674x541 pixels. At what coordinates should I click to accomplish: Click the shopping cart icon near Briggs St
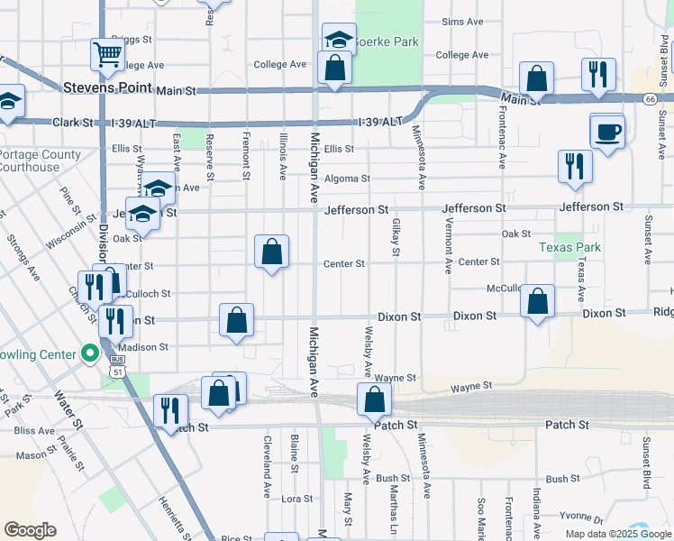[x=107, y=54]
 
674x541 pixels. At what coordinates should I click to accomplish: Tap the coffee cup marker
[x=606, y=131]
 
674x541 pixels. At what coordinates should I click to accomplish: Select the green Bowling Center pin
[x=89, y=353]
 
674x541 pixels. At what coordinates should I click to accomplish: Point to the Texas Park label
[x=569, y=247]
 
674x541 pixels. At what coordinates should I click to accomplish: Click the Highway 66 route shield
[x=650, y=99]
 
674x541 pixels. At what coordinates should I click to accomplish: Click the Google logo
[x=30, y=529]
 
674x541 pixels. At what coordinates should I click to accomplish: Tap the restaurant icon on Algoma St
[x=574, y=167]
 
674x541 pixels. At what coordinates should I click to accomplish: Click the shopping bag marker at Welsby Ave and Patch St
[x=374, y=399]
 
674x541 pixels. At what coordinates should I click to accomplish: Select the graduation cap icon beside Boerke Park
[x=339, y=40]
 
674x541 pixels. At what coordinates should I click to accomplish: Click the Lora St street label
[x=296, y=498]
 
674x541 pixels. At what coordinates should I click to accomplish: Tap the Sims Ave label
[x=464, y=21]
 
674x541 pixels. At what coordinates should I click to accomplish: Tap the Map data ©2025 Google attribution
[x=617, y=534]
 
